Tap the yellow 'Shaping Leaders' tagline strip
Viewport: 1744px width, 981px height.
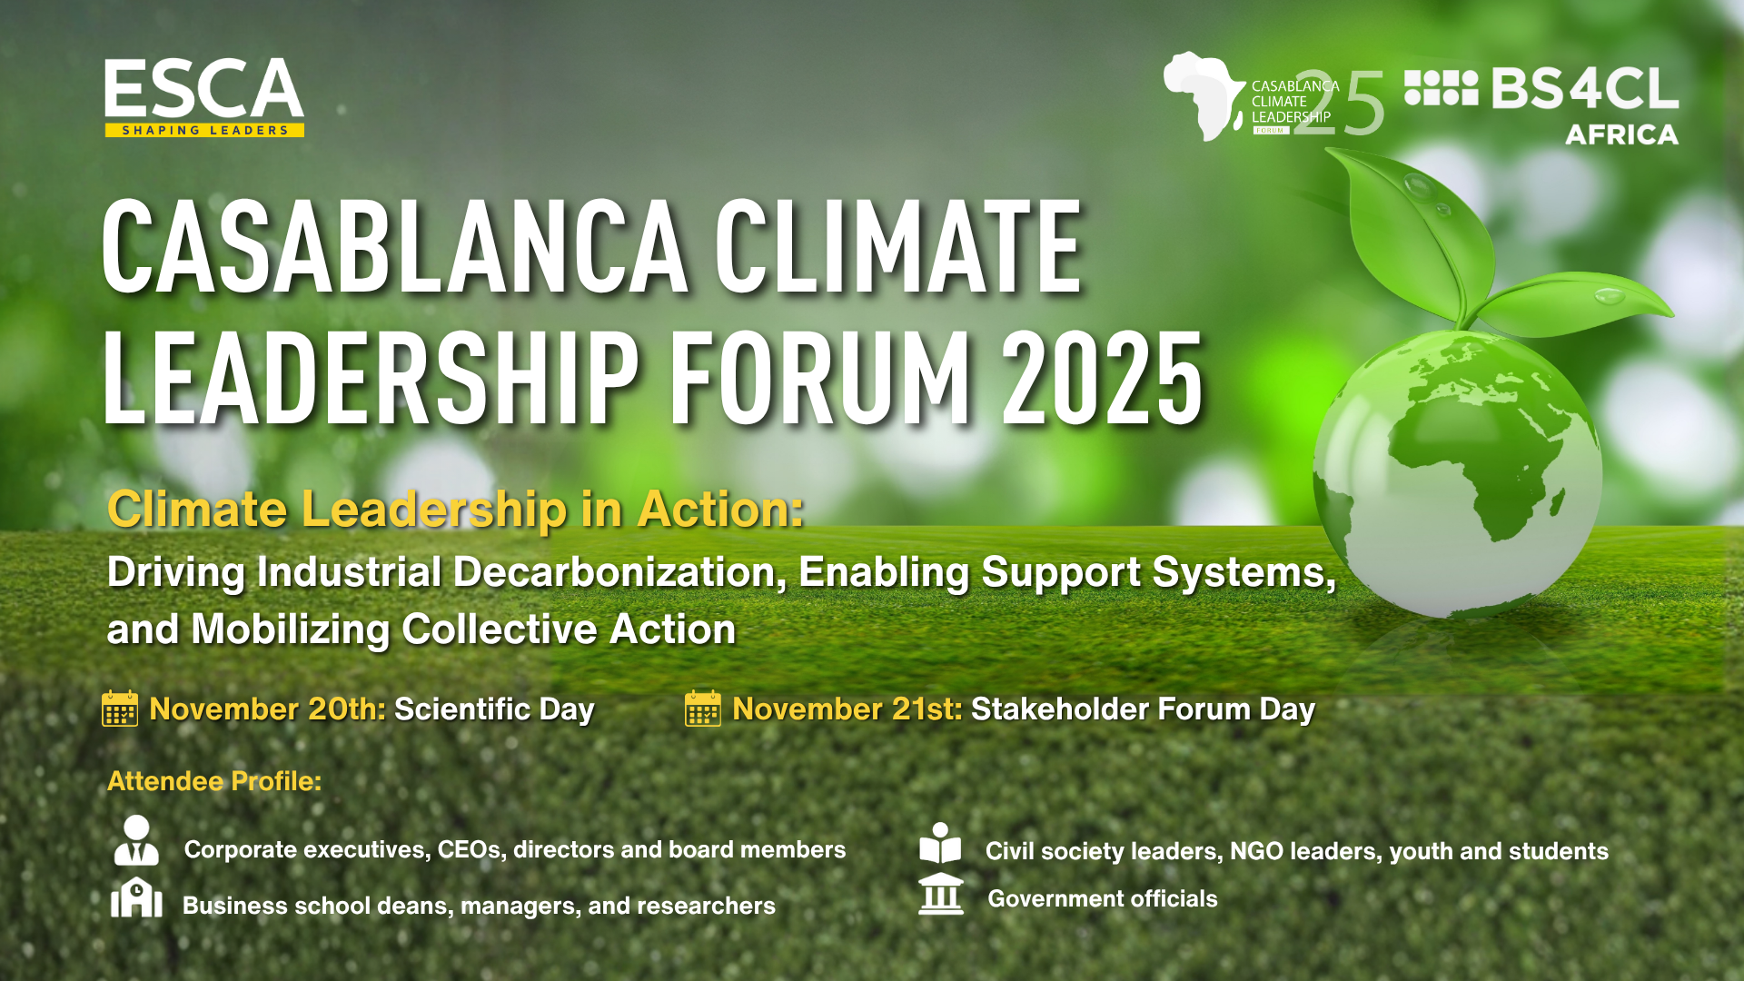tap(204, 130)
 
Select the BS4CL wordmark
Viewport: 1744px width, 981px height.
tap(1585, 89)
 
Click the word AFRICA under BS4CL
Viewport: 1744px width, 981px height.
tap(1621, 134)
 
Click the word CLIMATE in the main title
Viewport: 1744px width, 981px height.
tap(898, 247)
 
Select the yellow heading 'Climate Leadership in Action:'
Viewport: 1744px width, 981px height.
tap(456, 509)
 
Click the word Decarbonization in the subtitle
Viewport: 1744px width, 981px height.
tap(619, 572)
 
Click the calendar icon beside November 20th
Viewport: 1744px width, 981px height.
tap(120, 708)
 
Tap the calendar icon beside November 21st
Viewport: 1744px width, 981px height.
tap(703, 708)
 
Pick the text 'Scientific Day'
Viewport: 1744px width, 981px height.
tap(494, 709)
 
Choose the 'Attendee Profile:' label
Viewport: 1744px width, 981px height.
tap(214, 781)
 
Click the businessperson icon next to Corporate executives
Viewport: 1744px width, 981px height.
tap(136, 840)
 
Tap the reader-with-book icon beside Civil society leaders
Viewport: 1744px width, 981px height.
tap(940, 843)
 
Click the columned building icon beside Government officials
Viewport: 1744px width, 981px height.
tap(941, 895)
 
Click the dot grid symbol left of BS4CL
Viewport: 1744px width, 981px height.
tap(1442, 88)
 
